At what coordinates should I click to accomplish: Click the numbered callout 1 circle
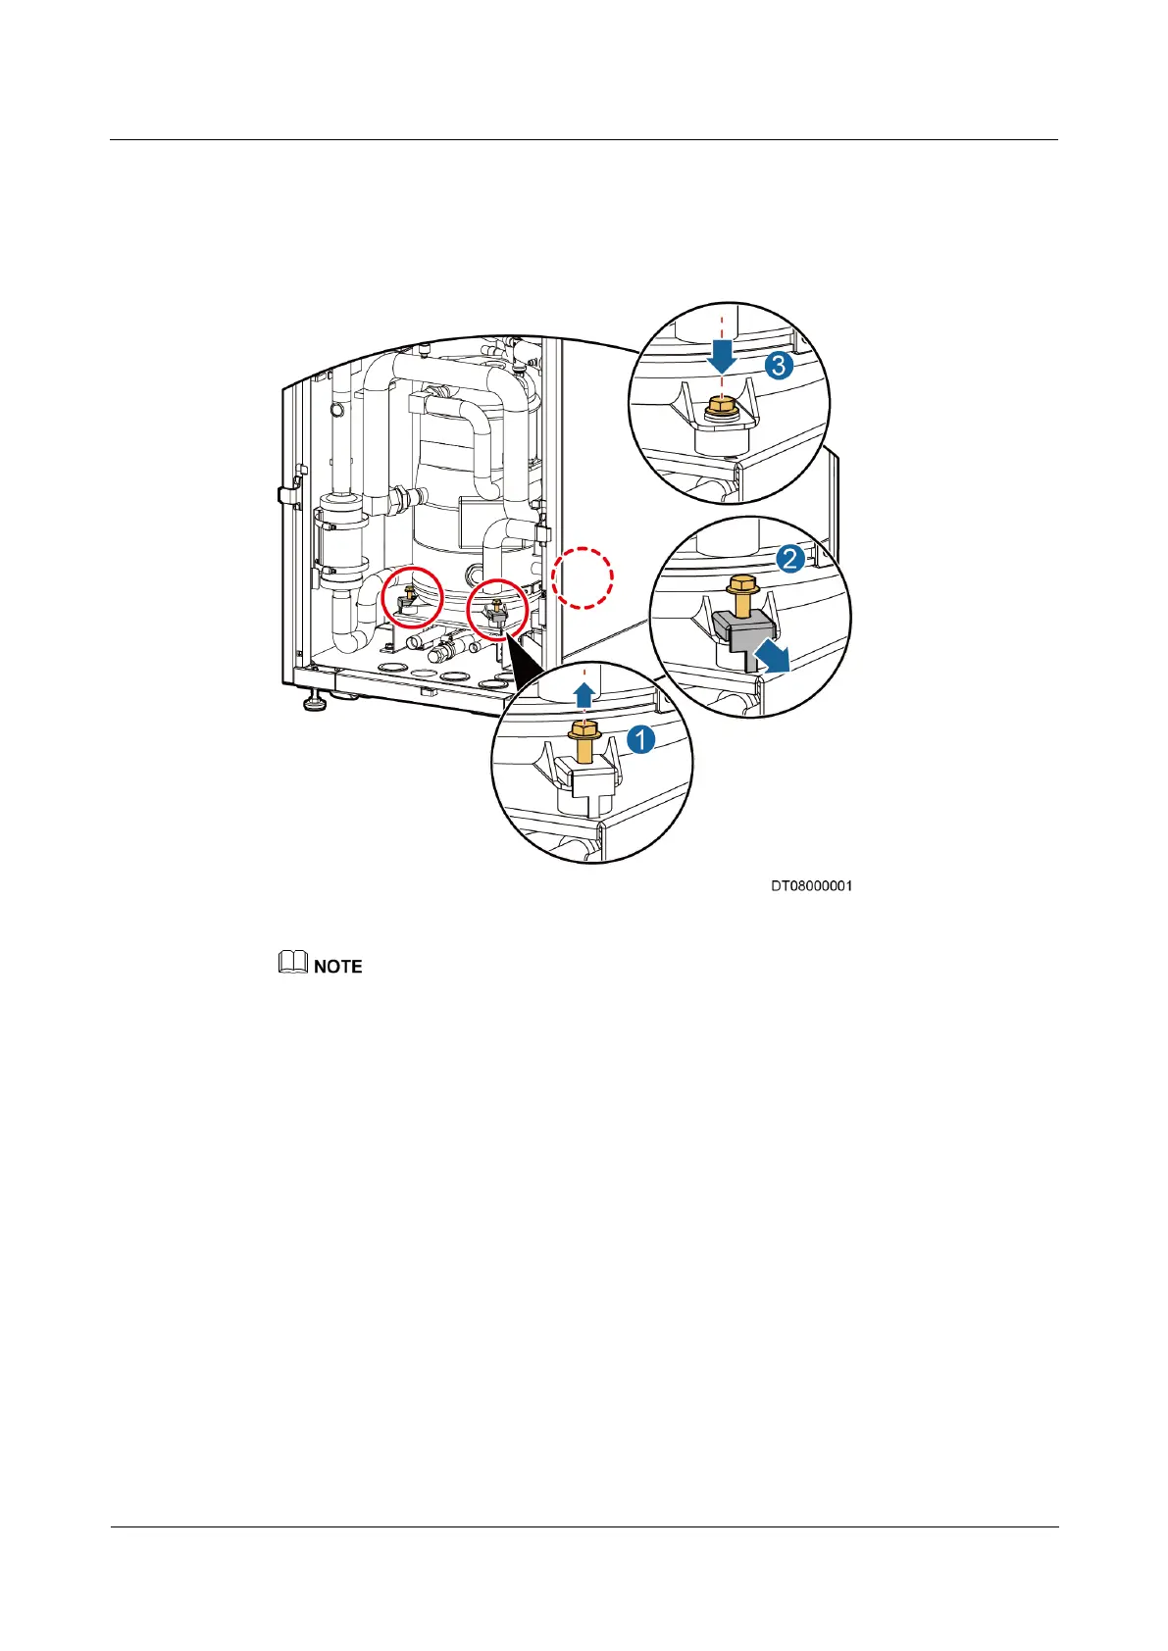pyautogui.click(x=641, y=739)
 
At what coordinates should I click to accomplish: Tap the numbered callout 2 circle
pyautogui.click(x=790, y=560)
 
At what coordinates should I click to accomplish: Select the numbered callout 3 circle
pyautogui.click(x=779, y=366)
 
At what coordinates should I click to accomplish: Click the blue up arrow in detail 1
pyautogui.click(x=584, y=696)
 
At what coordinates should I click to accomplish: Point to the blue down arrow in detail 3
pyautogui.click(x=723, y=354)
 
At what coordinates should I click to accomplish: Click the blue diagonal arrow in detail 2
pyautogui.click(x=773, y=657)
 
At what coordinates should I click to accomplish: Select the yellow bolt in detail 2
pyautogui.click(x=741, y=597)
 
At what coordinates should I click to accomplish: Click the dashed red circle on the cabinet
pyautogui.click(x=582, y=577)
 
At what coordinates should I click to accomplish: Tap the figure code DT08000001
pyautogui.click(x=811, y=886)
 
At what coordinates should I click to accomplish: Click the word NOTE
pyautogui.click(x=338, y=967)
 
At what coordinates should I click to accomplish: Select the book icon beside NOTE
pyautogui.click(x=292, y=965)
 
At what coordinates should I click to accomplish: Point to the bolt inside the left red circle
pyautogui.click(x=409, y=593)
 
